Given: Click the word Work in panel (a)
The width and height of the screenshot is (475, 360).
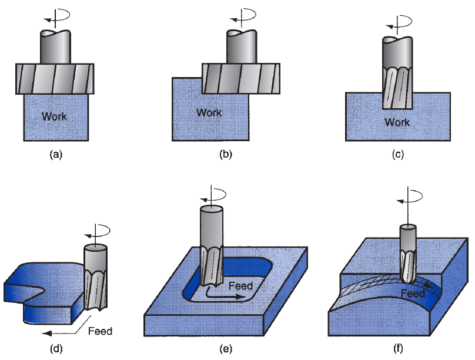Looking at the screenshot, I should (x=54, y=116).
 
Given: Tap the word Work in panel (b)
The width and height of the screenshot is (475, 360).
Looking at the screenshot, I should (x=209, y=112).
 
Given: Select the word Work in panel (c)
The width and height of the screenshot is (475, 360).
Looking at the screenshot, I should (x=397, y=122).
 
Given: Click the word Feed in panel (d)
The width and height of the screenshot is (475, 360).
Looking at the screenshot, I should (x=99, y=331).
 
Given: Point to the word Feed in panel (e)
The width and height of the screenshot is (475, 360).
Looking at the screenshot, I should (x=241, y=286).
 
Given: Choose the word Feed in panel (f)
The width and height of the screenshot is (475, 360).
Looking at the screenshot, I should (x=414, y=293).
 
